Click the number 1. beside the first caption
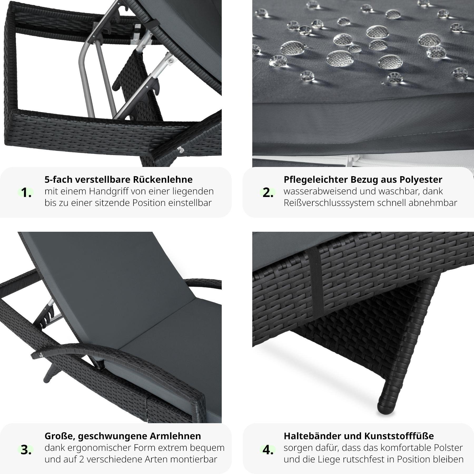point(26,193)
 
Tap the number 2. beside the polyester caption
point(268,193)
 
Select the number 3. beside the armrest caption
point(26,450)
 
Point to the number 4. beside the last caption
point(268,450)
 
